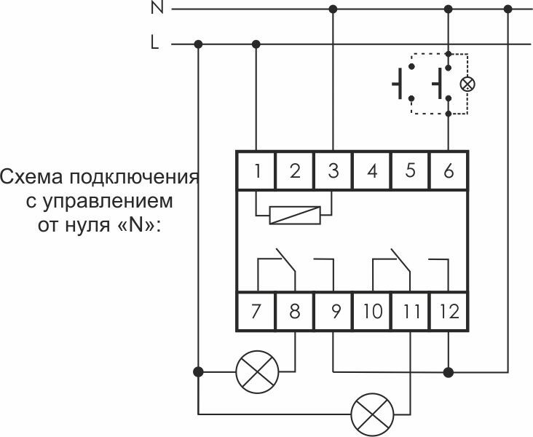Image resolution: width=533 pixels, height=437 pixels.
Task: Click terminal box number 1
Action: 256,172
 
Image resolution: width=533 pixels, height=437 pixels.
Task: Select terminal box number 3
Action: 333,172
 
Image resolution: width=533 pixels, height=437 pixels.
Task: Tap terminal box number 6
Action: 449,172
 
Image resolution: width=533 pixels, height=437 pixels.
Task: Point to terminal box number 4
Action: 372,172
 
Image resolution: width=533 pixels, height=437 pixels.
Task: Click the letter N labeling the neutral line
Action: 156,9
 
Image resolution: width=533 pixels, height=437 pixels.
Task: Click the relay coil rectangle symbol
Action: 295,216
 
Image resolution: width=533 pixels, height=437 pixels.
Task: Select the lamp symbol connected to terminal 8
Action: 257,371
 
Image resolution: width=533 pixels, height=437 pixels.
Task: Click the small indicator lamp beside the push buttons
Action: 468,84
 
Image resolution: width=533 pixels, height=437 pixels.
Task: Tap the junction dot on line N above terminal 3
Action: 333,9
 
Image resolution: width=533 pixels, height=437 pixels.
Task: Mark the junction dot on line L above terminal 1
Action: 256,44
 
